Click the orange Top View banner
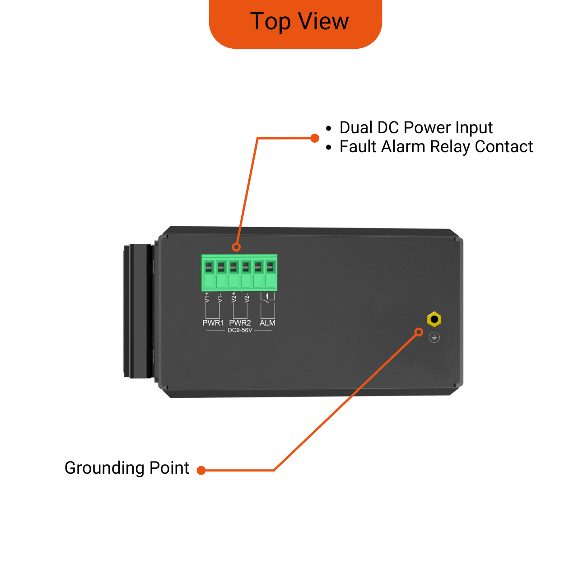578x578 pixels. pyautogui.click(x=296, y=23)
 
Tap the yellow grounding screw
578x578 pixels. pyautogui.click(x=434, y=320)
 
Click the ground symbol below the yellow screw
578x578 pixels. pyautogui.click(x=434, y=337)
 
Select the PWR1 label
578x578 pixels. pyautogui.click(x=213, y=323)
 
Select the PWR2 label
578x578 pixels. pyautogui.click(x=240, y=323)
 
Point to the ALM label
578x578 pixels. pyautogui.click(x=267, y=323)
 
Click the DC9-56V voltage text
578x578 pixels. pyautogui.click(x=240, y=331)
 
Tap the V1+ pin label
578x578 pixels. pyautogui.click(x=207, y=297)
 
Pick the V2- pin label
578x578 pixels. pyautogui.click(x=247, y=298)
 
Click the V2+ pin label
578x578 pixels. pyautogui.click(x=233, y=297)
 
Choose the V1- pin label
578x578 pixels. pyautogui.click(x=220, y=298)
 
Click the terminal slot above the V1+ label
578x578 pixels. pyautogui.click(x=208, y=268)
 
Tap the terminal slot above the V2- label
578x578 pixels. pyautogui.click(x=245, y=268)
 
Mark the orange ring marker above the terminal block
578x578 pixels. pyautogui.click(x=236, y=247)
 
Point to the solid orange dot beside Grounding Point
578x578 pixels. pyautogui.click(x=201, y=471)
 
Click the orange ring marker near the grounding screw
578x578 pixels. pyautogui.click(x=419, y=332)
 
